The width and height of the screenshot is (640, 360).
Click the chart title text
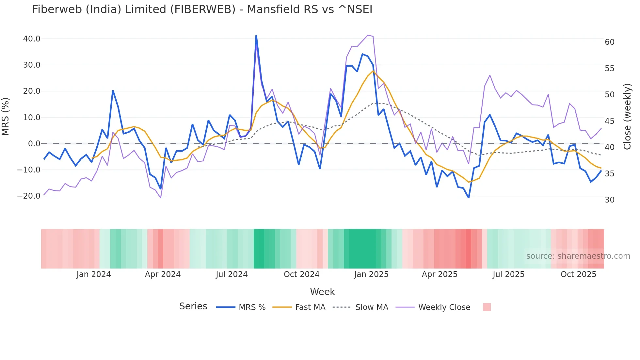point(202,9)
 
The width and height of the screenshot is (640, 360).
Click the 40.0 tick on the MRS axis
point(32,39)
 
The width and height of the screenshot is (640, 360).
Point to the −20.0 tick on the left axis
point(29,196)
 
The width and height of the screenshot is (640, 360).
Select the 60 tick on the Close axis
point(609,42)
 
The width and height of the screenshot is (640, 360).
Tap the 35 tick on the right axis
point(609,174)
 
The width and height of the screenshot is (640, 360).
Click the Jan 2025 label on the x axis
point(371,274)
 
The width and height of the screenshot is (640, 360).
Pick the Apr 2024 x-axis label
point(163,274)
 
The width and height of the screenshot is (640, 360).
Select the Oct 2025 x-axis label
point(578,274)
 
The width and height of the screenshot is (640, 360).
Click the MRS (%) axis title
point(6,117)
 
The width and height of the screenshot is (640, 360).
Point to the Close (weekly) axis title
point(627,117)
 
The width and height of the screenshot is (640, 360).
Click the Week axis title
point(322,292)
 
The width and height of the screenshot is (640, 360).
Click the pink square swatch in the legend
point(487,307)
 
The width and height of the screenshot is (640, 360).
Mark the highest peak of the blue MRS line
point(256,36)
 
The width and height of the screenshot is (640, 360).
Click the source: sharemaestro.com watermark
point(578,256)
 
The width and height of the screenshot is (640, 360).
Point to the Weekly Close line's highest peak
point(368,35)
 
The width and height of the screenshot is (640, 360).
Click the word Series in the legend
point(193,306)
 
